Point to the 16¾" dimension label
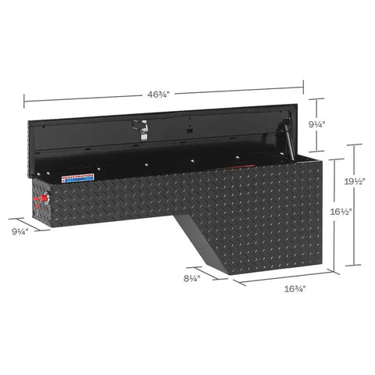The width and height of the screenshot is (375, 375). (x=294, y=288)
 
